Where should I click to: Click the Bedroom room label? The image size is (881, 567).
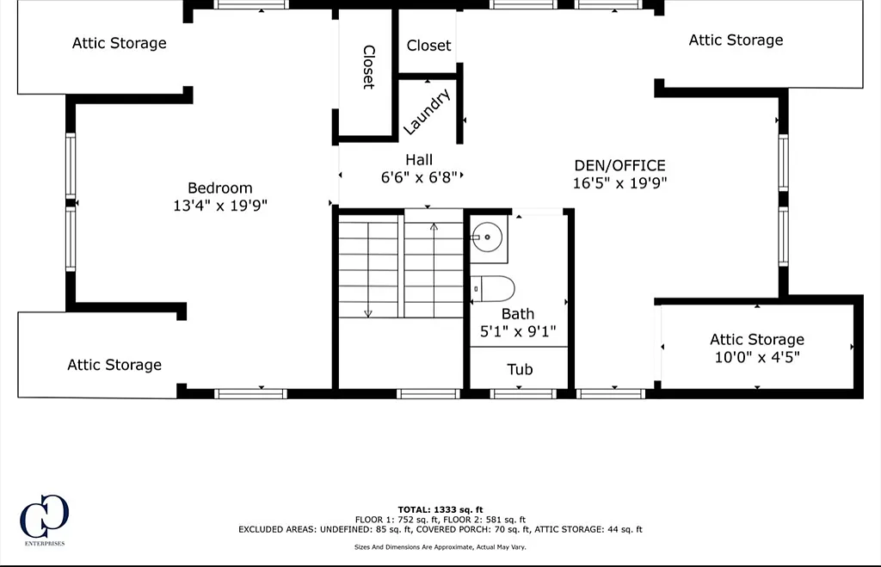coord(219,188)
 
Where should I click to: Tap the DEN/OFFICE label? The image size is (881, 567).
coord(619,166)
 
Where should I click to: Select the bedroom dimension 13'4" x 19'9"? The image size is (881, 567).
coord(219,206)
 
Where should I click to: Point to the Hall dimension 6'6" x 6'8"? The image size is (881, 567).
coord(419,177)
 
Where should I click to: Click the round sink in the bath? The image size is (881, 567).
coord(487,237)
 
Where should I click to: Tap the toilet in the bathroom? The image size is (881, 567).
coord(493,289)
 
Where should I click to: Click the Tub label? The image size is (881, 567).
coord(520,369)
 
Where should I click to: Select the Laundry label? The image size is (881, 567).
coord(427,111)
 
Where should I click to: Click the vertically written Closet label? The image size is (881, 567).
coord(368,67)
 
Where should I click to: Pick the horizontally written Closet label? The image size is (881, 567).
coord(428,46)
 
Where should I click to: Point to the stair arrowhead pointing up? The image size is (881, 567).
coord(434,227)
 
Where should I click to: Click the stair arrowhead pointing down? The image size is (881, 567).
coord(368,313)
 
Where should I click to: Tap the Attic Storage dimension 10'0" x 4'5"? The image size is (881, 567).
coord(757,357)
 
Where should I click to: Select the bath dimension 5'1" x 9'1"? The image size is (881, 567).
coord(517,331)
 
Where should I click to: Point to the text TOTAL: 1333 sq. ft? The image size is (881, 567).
coord(440,509)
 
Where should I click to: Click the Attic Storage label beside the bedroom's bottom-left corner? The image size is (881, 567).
coord(114,366)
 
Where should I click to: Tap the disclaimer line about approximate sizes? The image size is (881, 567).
coord(440,546)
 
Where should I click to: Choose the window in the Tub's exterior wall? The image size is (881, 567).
coord(522,394)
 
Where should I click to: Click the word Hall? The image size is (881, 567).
coord(419,160)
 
